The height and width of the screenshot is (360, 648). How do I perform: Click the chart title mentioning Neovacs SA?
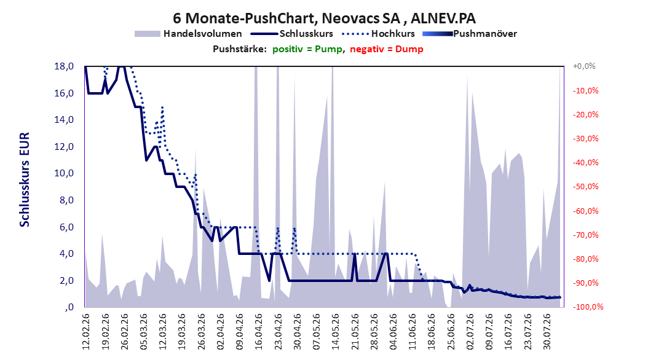(x=324, y=18)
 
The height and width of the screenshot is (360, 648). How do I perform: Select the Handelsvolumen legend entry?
(x=188, y=34)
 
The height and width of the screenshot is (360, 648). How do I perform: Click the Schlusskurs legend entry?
(x=292, y=34)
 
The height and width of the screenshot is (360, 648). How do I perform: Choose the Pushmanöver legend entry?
(x=470, y=34)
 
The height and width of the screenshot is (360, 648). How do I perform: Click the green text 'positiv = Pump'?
(x=307, y=49)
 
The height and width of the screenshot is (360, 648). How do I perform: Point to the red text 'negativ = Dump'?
(x=387, y=49)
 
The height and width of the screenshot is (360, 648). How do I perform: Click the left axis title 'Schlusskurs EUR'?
(x=25, y=179)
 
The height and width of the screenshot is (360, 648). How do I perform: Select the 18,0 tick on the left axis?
(x=64, y=66)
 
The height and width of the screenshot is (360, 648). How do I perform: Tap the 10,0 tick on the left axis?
(x=64, y=173)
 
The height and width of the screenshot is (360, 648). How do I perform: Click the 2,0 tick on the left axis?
(x=66, y=281)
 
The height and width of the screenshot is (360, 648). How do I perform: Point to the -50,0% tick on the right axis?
(x=585, y=187)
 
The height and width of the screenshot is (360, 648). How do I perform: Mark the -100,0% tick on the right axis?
(x=588, y=307)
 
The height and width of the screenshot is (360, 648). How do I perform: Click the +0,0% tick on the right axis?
(x=584, y=66)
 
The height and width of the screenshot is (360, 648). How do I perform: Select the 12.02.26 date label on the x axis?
(x=86, y=332)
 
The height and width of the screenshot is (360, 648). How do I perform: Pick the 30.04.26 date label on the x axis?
(x=297, y=332)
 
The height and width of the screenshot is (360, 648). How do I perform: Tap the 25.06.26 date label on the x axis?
(x=451, y=332)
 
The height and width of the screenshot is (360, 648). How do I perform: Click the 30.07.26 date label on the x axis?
(x=547, y=332)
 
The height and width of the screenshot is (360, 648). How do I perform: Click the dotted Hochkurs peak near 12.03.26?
(x=162, y=107)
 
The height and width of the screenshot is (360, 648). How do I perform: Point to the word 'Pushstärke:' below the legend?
(x=240, y=49)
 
